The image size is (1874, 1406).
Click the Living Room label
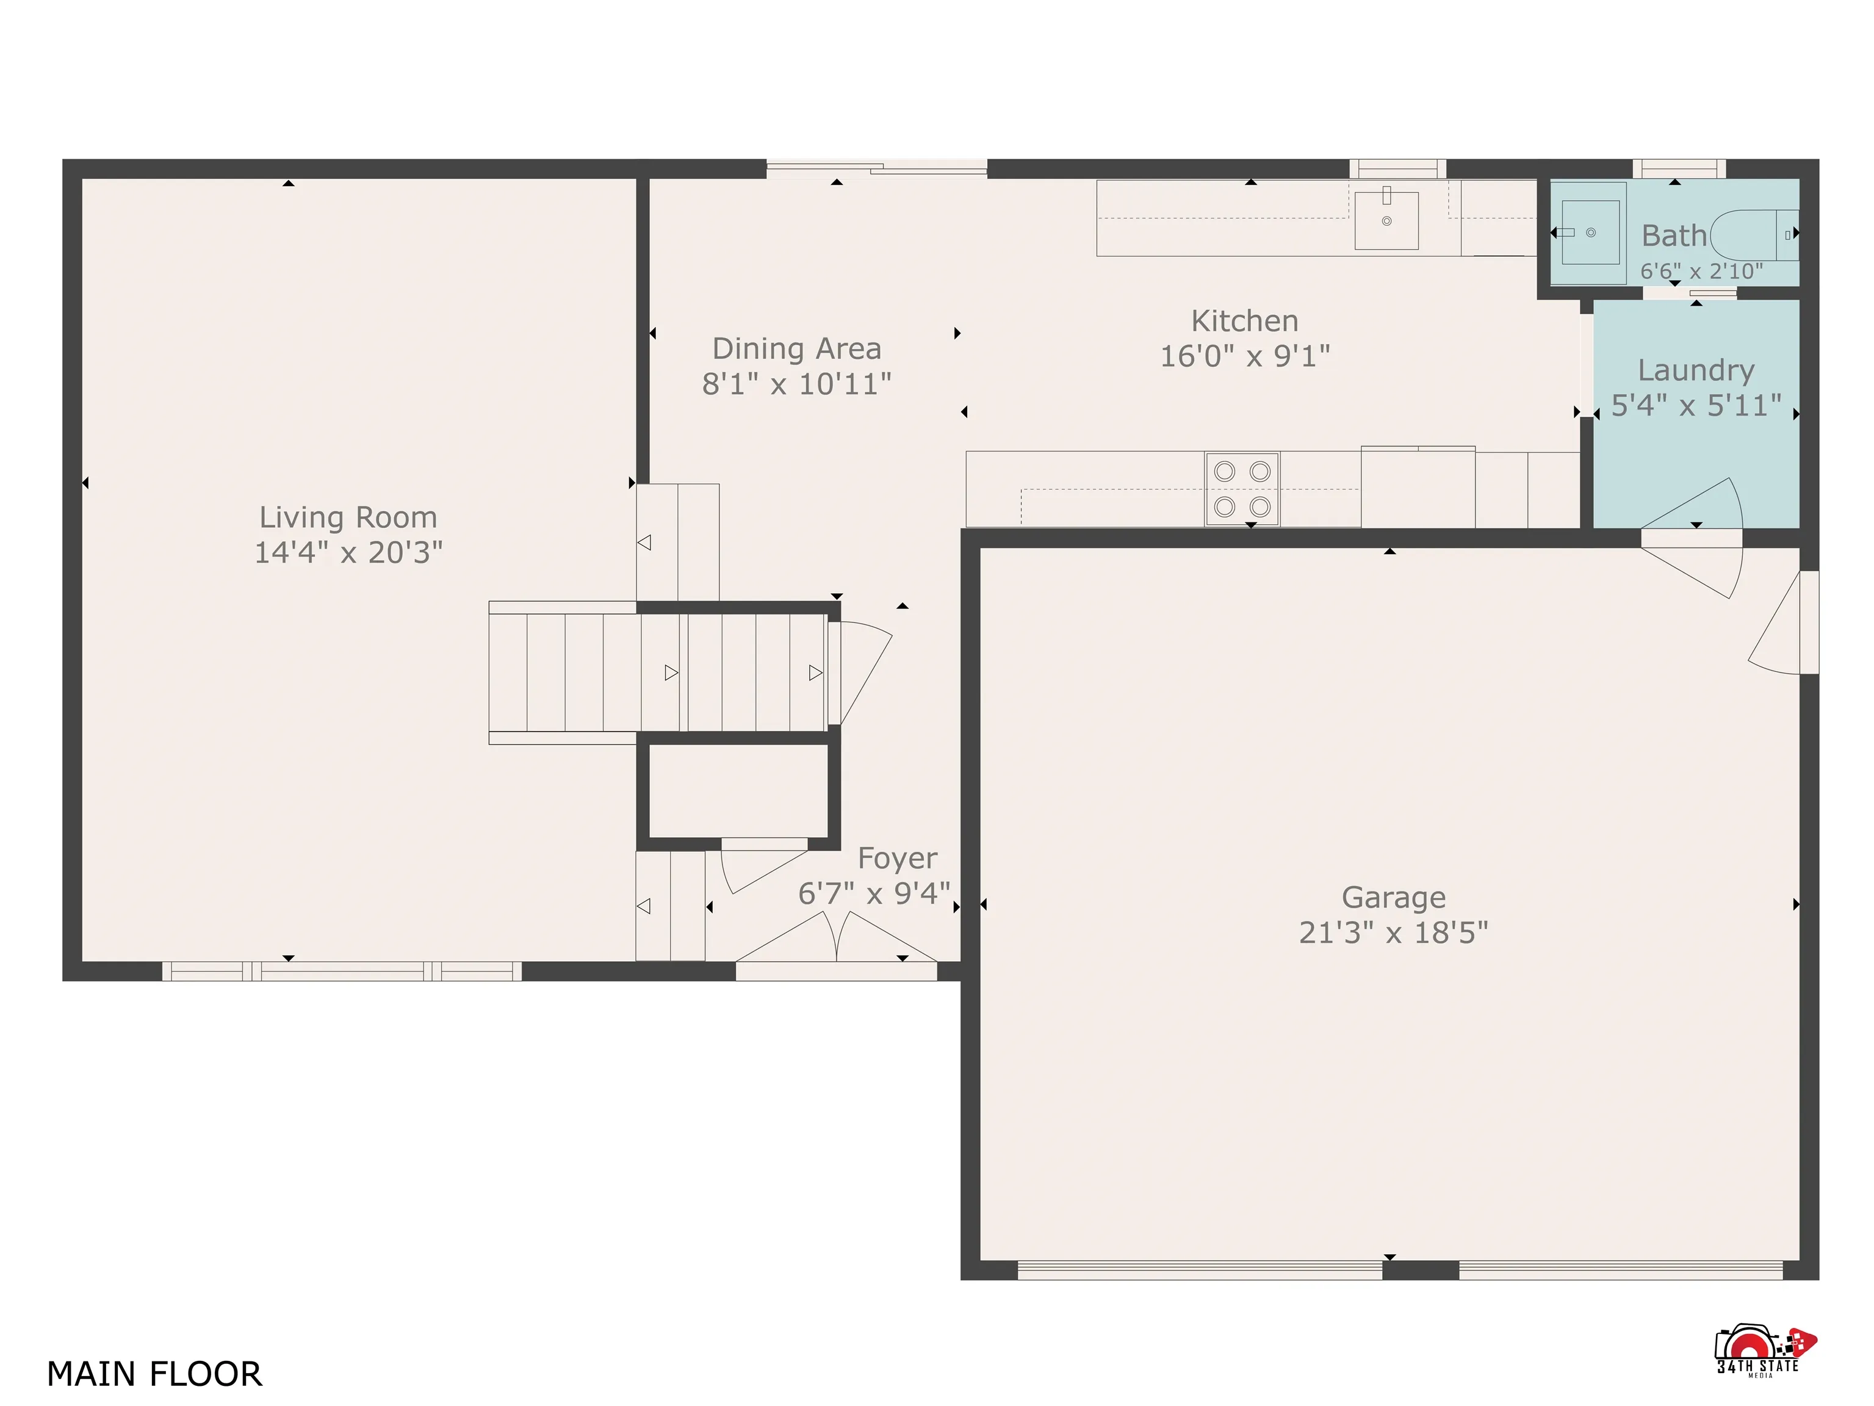[x=348, y=517]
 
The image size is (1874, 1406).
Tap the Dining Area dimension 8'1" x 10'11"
[x=796, y=384]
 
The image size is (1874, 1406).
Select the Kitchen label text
[x=1244, y=321]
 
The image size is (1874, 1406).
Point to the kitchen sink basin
[x=1386, y=220]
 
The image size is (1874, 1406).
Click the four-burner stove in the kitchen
[x=1242, y=489]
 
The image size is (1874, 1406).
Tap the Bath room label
[x=1673, y=236]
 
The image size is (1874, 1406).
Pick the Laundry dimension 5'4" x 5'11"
[x=1695, y=406]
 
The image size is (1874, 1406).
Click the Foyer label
[x=897, y=858]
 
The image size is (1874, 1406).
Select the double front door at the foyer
[x=836, y=940]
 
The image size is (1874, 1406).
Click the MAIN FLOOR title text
[x=154, y=1374]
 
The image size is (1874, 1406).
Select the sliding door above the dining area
[x=876, y=168]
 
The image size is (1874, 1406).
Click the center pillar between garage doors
[x=1420, y=1270]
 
